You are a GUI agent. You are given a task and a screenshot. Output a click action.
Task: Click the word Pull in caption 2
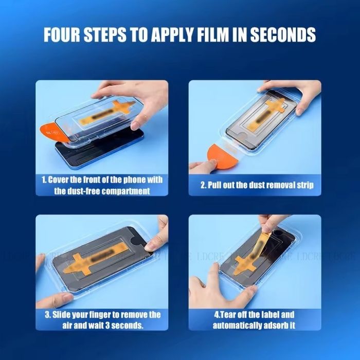pos(218,185)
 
